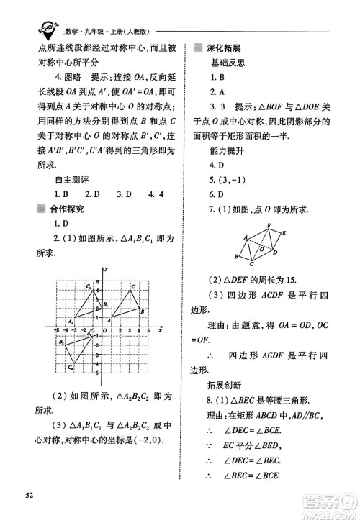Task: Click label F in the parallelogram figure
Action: (x=269, y=224)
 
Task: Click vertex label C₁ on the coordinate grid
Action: (x=87, y=287)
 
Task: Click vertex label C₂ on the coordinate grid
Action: (x=71, y=368)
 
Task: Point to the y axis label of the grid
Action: (x=106, y=269)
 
